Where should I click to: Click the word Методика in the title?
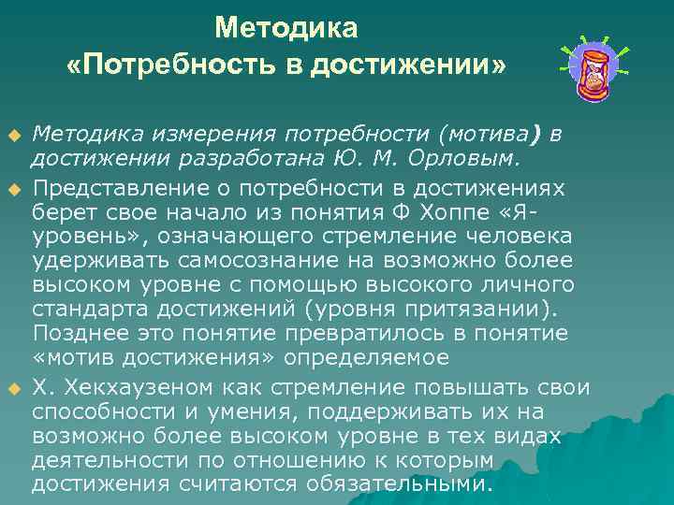[286, 29]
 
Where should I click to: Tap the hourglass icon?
[593, 71]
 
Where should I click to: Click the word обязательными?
[411, 484]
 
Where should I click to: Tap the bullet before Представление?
[14, 187]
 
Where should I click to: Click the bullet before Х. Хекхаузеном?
[14, 387]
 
